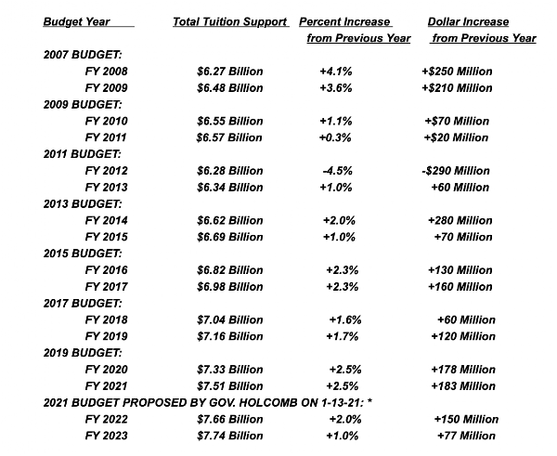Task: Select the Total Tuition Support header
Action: (229, 20)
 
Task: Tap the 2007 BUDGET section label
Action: (84, 55)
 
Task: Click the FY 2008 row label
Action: (107, 72)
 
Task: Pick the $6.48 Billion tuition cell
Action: (229, 88)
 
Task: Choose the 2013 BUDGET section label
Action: (84, 203)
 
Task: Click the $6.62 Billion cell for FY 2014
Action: (229, 220)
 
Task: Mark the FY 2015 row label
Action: (107, 237)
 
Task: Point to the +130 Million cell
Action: (461, 269)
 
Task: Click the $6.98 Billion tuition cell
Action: (229, 286)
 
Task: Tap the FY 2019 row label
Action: (107, 335)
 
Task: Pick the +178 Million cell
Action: (463, 369)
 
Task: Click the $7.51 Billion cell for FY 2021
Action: (229, 385)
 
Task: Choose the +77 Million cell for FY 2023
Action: (465, 435)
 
